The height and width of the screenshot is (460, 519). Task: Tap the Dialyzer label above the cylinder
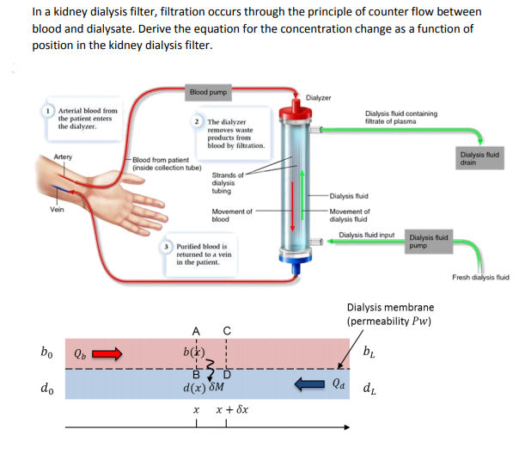tap(319, 97)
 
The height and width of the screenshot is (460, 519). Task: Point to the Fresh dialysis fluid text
tap(480, 277)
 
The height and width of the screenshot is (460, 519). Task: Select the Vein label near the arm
tap(58, 211)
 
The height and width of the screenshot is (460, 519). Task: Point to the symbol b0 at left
tap(47, 351)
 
